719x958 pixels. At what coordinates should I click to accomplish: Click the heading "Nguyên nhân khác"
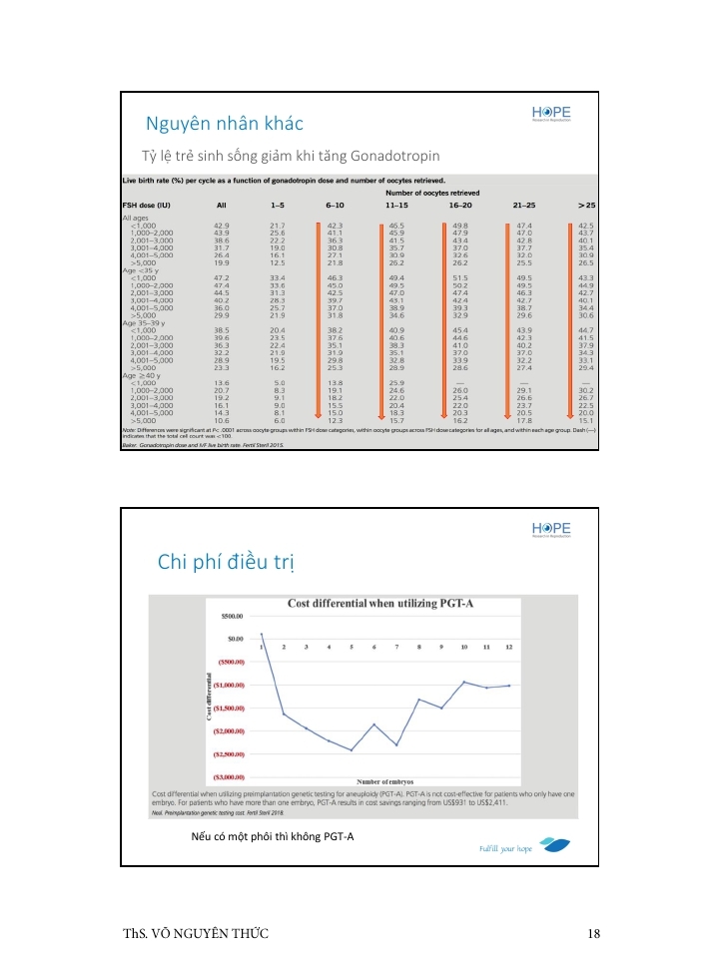point(224,124)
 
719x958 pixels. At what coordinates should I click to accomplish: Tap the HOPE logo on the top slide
point(551,115)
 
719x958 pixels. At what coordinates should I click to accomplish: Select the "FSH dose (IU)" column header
point(149,204)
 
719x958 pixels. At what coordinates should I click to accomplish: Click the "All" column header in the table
point(222,204)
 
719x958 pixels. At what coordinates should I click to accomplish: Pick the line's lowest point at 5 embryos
point(352,749)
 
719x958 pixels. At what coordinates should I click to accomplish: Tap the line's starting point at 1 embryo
point(261,634)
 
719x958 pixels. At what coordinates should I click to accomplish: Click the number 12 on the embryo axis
point(509,648)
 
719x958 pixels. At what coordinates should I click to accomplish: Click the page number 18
point(594,933)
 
